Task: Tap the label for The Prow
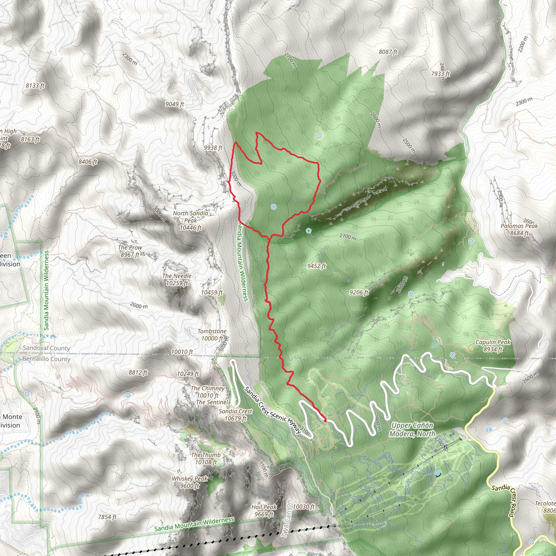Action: coord(130,251)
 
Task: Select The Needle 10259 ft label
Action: coord(177,279)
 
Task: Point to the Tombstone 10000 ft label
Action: coord(212,335)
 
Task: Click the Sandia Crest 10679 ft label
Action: coord(235,415)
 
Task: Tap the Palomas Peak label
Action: coord(519,229)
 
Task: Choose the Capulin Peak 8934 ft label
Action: coord(493,346)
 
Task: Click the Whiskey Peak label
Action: coord(190,482)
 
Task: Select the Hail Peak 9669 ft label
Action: coord(264,511)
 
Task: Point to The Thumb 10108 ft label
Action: coord(206,459)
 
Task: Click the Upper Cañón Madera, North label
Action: coord(412,429)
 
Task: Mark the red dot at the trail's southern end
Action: coord(325,421)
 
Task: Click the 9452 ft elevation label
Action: coord(316,266)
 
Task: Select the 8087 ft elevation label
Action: coord(388,52)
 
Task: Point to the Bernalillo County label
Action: coord(46,359)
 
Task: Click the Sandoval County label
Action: coord(46,348)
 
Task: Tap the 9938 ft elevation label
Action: coord(213,148)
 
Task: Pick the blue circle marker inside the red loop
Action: coord(274,207)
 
